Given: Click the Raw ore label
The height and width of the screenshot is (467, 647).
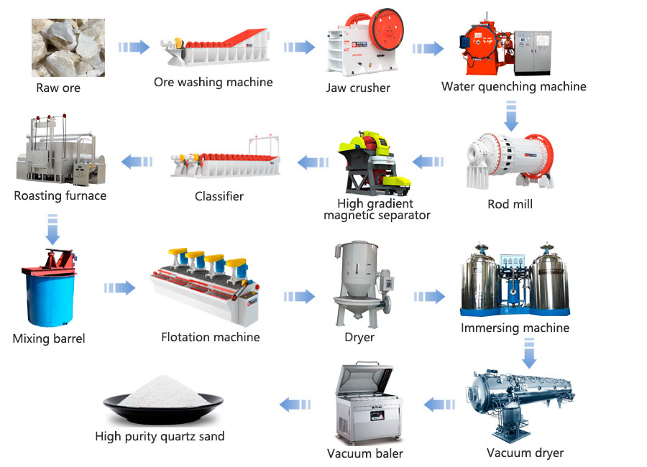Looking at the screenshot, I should pyautogui.click(x=58, y=88).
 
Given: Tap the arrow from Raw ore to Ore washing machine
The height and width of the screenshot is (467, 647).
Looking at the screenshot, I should pyautogui.click(x=134, y=47).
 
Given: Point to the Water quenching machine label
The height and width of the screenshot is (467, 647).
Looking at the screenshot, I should pyautogui.click(x=513, y=87).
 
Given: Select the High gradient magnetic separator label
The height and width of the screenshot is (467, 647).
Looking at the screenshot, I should pyautogui.click(x=377, y=209).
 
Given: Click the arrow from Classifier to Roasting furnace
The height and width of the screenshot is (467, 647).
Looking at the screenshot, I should pyautogui.click(x=137, y=162).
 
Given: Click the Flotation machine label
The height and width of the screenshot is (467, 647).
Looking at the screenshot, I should pyautogui.click(x=210, y=336).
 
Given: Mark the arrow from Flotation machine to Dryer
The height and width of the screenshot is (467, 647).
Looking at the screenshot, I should pyautogui.click(x=299, y=295).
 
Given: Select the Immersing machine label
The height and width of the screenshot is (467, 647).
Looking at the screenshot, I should pyautogui.click(x=515, y=328).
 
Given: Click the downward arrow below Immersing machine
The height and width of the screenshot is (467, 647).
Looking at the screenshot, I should pyautogui.click(x=529, y=353).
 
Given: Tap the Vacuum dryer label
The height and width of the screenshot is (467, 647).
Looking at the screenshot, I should pyautogui.click(x=525, y=453).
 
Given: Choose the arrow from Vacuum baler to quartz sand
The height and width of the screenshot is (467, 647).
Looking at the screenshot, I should pyautogui.click(x=295, y=404).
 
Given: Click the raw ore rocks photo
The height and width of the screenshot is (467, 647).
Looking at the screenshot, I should pyautogui.click(x=68, y=47).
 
